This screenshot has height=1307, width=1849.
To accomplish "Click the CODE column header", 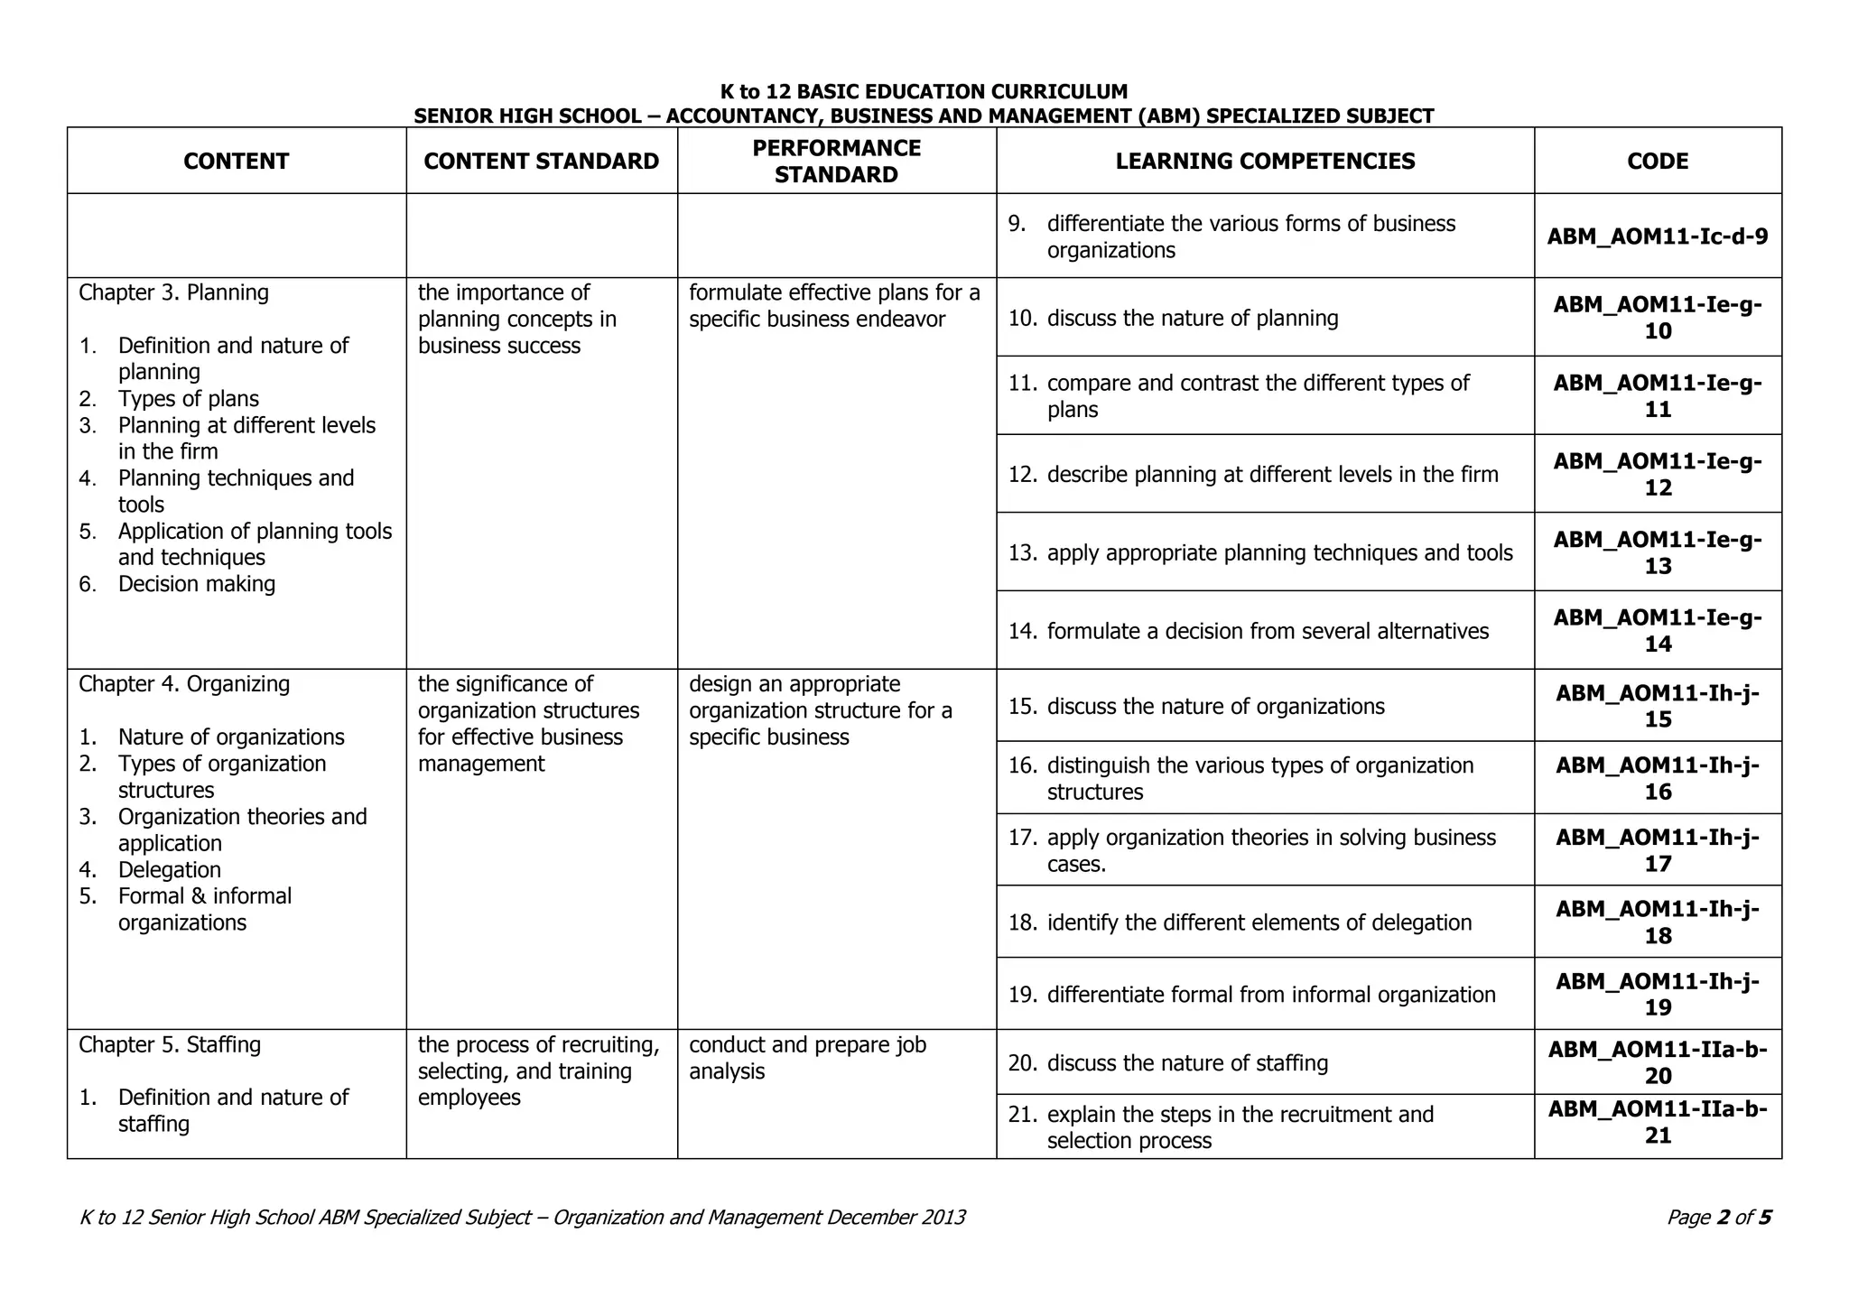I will pos(1657,162).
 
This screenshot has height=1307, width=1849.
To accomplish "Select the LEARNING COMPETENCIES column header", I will pos(1265,162).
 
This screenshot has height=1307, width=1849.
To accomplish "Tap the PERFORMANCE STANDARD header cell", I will pos(836,162).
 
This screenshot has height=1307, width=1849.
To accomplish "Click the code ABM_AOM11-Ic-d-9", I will pos(1657,236).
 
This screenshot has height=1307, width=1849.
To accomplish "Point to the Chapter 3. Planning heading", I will pos(173,292).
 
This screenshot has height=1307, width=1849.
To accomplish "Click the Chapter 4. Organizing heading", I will pos(184,684).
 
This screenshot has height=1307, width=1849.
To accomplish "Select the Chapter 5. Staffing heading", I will pos(170,1044).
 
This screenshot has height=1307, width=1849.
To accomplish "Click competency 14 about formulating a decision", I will pos(1267,631).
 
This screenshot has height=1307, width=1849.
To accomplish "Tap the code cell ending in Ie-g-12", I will pos(1657,474).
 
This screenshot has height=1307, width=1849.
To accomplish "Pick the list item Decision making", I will pos(196,584).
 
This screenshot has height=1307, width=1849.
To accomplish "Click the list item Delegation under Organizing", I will pos(169,870).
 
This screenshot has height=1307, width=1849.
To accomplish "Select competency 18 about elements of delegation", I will pos(1259,922).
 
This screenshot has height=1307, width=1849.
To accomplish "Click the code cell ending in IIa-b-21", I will pos(1657,1122).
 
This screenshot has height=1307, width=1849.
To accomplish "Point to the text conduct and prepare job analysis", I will pos(806,1058).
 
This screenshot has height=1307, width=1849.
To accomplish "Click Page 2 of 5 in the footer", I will pos(1718,1218).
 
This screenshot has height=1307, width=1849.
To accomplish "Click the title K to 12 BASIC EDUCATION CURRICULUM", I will pos(923,92).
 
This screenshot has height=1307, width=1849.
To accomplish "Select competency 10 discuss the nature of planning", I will pos(1192,318).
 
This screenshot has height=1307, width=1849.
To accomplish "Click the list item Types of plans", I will pos(188,399).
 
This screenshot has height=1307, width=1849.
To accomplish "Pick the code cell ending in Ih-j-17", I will pos(1657,850).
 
